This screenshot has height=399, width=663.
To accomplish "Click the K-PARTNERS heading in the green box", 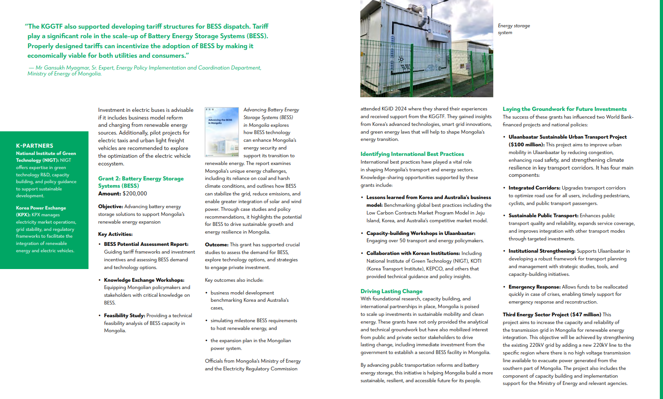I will click(x=34, y=146).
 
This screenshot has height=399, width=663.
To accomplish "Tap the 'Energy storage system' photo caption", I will click(x=513, y=29).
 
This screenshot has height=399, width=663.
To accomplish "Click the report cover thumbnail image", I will click(x=221, y=132).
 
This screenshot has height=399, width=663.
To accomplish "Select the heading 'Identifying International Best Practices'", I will click(x=412, y=154).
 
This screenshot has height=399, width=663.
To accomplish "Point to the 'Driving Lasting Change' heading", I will click(x=391, y=291).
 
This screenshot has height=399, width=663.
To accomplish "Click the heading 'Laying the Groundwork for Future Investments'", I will click(x=565, y=109).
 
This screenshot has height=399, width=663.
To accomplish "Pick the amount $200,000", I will click(x=135, y=194).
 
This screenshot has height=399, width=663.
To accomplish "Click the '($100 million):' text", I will click(x=526, y=145).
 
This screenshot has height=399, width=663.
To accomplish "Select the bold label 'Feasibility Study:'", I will click(x=124, y=315).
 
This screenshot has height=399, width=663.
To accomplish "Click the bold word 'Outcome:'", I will click(x=216, y=244).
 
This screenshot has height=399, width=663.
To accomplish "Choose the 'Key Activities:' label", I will click(x=115, y=234).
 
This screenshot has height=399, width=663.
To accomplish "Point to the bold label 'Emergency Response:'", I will click(x=535, y=287).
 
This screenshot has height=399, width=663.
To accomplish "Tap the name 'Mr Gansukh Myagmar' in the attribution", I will click(x=62, y=68).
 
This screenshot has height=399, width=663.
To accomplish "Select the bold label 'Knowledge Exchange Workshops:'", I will click(x=144, y=280).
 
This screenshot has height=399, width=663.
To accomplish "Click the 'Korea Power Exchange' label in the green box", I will click(x=41, y=208).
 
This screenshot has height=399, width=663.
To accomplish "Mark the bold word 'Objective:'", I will click(x=111, y=206).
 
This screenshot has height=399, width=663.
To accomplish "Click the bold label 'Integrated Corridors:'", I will click(x=534, y=188).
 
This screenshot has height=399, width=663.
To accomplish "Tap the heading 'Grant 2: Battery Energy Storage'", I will click(x=141, y=179).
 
